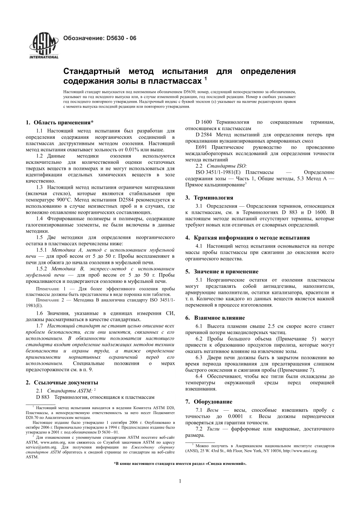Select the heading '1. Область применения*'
pyautogui.click(x=59, y=122)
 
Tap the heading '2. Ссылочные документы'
pyautogui.click(x=62, y=382)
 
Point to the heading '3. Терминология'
pyautogui.click(x=209, y=198)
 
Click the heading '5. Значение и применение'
pyautogui.click(x=222, y=271)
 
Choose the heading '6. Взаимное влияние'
pyautogui.click(x=215, y=318)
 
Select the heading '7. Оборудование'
pyautogui.click(x=209, y=402)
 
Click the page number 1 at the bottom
pyautogui.click(x=180, y=481)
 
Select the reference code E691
pyautogui.click(x=201, y=147)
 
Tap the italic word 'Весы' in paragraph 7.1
pyautogui.click(x=212, y=410)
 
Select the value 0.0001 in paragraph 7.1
pyautogui.click(x=236, y=416)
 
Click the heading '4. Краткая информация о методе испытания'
pyautogui.click(x=247, y=238)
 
